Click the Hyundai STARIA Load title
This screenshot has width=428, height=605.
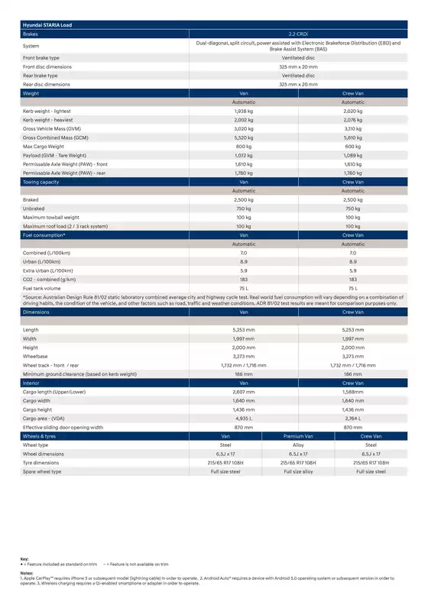tap(50, 25)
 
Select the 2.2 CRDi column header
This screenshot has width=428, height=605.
tap(298, 34)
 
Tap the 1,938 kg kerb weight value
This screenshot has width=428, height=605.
tap(244, 111)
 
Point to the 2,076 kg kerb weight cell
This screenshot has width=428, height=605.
tap(352, 119)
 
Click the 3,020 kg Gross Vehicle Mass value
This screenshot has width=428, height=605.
tap(244, 128)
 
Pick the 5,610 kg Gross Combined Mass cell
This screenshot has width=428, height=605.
tap(352, 137)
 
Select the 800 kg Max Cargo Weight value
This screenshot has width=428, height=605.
tap(244, 146)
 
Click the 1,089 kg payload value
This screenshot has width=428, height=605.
tap(352, 155)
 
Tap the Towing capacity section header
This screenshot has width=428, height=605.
tap(44, 182)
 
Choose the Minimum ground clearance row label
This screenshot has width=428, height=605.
tap(79, 374)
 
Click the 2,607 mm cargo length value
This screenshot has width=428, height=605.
tap(244, 392)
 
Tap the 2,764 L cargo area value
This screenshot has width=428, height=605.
tap(352, 419)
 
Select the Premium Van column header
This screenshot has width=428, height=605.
tap(298, 436)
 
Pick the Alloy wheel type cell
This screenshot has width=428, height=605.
tap(298, 445)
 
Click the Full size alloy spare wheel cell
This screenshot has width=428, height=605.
tap(298, 471)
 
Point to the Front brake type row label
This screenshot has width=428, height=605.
tap(41, 57)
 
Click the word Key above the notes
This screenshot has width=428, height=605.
tap(25, 559)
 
